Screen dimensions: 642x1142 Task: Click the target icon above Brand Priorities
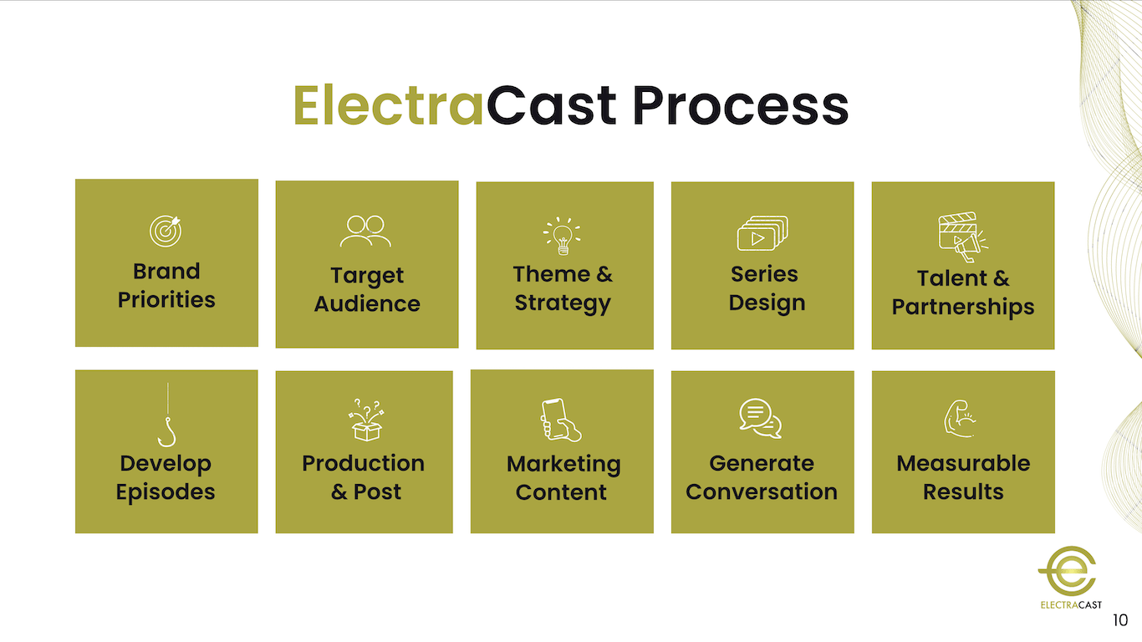tap(166, 231)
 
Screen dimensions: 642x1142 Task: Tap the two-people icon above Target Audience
tap(366, 232)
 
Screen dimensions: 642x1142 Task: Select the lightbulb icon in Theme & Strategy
tap(563, 236)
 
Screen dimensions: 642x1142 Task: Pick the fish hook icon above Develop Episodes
tap(167, 415)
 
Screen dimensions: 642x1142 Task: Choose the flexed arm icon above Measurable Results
tap(961, 420)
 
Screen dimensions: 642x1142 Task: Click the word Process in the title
tap(740, 106)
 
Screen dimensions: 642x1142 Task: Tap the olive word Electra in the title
tap(389, 106)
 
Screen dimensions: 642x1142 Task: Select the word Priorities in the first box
tap(166, 300)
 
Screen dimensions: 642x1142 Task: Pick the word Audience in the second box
tap(367, 304)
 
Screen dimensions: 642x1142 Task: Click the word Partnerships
tap(963, 308)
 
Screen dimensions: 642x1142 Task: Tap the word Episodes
tap(166, 492)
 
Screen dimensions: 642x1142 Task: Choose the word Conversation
tap(762, 492)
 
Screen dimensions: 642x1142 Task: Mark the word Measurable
tap(963, 463)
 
